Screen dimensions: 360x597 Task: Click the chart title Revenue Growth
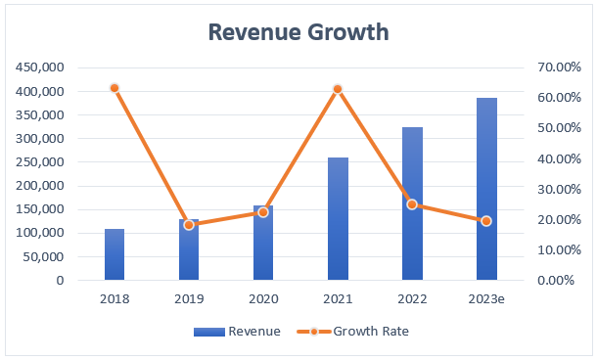pyautogui.click(x=298, y=31)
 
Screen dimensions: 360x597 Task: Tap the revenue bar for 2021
pyautogui.click(x=338, y=219)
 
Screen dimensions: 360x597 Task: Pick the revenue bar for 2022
pyautogui.click(x=412, y=203)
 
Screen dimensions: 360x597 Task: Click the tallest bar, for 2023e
pyautogui.click(x=486, y=189)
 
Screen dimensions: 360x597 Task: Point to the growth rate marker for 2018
pyautogui.click(x=115, y=88)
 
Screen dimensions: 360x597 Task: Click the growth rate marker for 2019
pyautogui.click(x=189, y=225)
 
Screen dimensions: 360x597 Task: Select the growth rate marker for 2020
pyautogui.click(x=263, y=212)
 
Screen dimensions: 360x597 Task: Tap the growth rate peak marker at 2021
pyautogui.click(x=338, y=89)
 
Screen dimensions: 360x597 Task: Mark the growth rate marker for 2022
pyautogui.click(x=412, y=204)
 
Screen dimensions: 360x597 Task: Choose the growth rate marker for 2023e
pyautogui.click(x=486, y=221)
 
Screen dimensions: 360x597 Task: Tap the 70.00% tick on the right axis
pyautogui.click(x=559, y=67)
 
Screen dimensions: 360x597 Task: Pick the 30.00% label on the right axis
pyautogui.click(x=559, y=189)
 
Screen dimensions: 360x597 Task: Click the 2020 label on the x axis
pyautogui.click(x=263, y=297)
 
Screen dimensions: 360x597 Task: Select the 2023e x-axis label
pyautogui.click(x=486, y=297)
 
